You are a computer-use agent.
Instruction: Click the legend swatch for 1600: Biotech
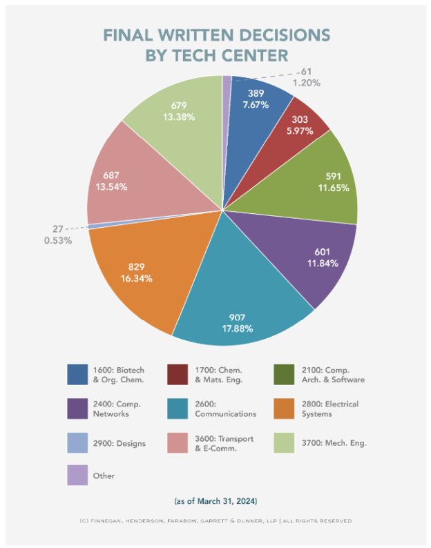[x=77, y=375]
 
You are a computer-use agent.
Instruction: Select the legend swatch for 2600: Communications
[x=178, y=409]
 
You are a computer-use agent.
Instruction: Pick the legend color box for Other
[x=77, y=475]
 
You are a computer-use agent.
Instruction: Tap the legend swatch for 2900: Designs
[x=77, y=442]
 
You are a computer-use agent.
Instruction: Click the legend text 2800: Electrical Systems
[x=330, y=409]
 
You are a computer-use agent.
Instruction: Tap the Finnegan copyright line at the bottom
[x=215, y=520]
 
